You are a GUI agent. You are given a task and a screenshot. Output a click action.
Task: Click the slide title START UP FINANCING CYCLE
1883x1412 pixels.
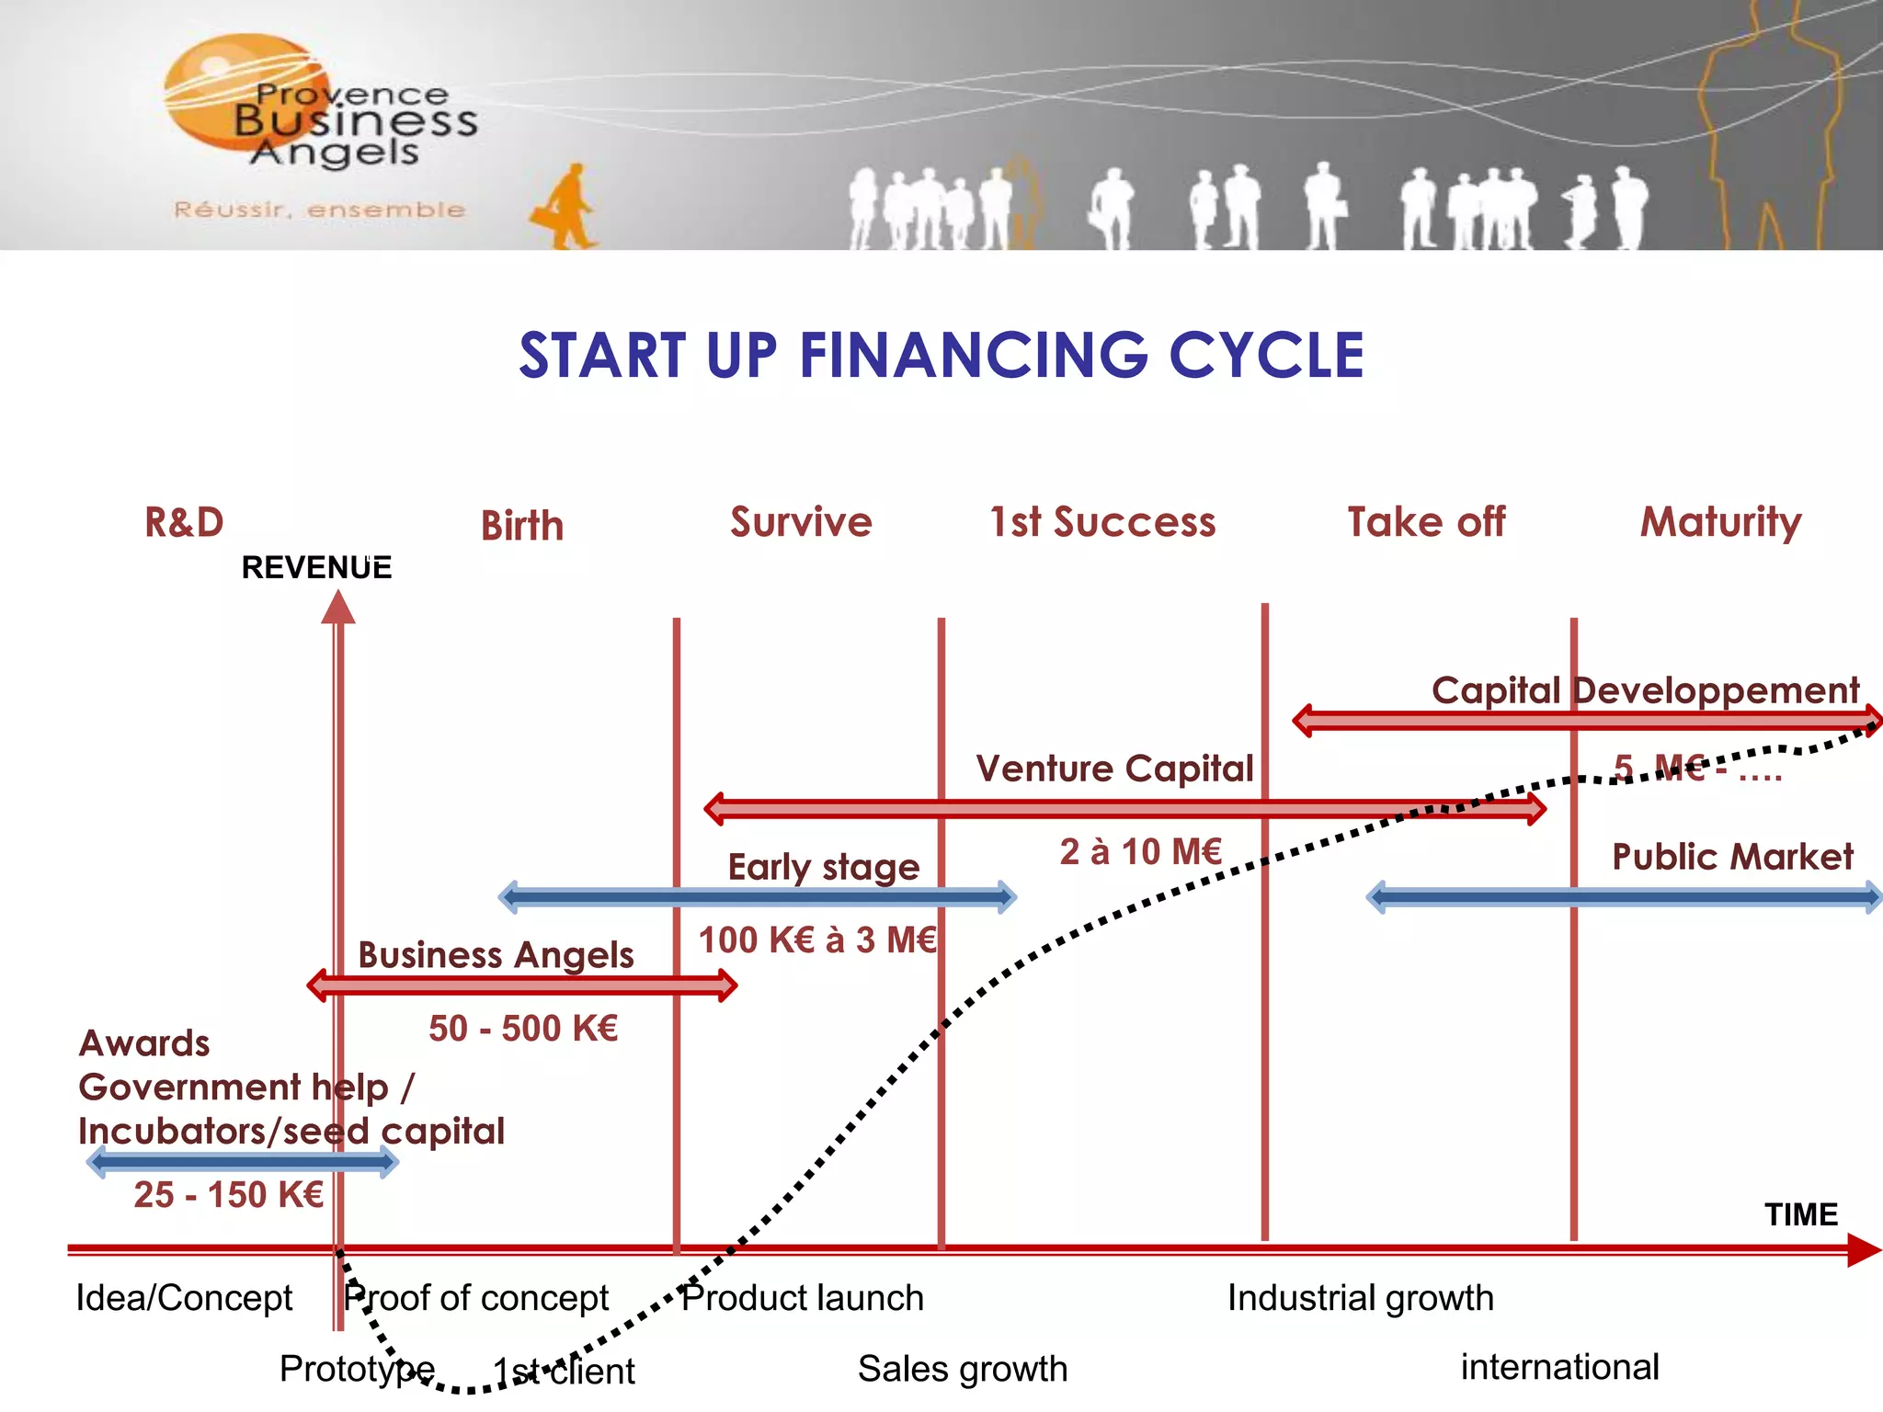click(941, 356)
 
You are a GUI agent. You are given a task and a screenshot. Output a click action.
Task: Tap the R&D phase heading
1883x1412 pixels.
click(184, 522)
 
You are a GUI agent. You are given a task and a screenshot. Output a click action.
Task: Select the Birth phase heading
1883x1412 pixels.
click(521, 526)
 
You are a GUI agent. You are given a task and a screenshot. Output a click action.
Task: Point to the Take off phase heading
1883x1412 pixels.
click(1426, 522)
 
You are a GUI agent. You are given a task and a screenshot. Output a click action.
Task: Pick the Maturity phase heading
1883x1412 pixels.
click(1720, 522)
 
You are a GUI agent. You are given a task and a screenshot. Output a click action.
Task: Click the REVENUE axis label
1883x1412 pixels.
click(316, 567)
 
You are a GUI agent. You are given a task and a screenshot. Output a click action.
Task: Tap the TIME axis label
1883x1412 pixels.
click(1800, 1214)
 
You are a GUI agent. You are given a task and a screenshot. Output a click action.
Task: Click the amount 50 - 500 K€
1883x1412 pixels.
click(523, 1028)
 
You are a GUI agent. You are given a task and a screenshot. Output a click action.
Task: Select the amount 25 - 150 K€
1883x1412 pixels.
click(228, 1194)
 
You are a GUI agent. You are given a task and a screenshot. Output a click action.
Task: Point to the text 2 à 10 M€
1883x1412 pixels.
click(1140, 851)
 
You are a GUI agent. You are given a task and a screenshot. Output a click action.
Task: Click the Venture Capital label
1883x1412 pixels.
click(1114, 769)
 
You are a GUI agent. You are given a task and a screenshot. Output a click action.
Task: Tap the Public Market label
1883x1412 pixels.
click(1732, 857)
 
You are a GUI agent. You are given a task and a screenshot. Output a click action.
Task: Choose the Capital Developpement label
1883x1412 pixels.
click(1645, 690)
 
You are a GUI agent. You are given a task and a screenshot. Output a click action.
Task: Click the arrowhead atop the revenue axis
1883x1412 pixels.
click(338, 608)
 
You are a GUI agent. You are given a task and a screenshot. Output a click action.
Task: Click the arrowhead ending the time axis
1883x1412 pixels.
click(1863, 1250)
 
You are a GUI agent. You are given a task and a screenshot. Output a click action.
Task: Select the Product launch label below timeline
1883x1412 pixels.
click(802, 1298)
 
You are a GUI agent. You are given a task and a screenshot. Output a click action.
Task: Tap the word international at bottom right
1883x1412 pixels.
click(1559, 1367)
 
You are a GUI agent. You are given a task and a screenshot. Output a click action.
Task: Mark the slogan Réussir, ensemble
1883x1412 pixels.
click(319, 210)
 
